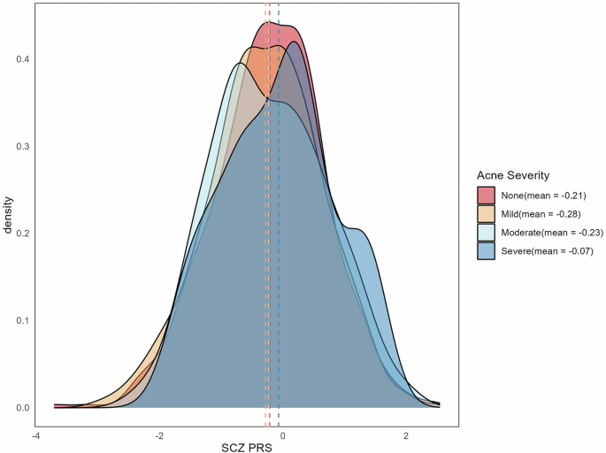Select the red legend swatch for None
pyautogui.click(x=486, y=195)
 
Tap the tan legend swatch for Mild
pyautogui.click(x=486, y=213)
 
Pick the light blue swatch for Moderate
pyautogui.click(x=486, y=232)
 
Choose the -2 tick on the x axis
pyautogui.click(x=159, y=436)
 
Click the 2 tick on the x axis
pyautogui.click(x=406, y=436)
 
